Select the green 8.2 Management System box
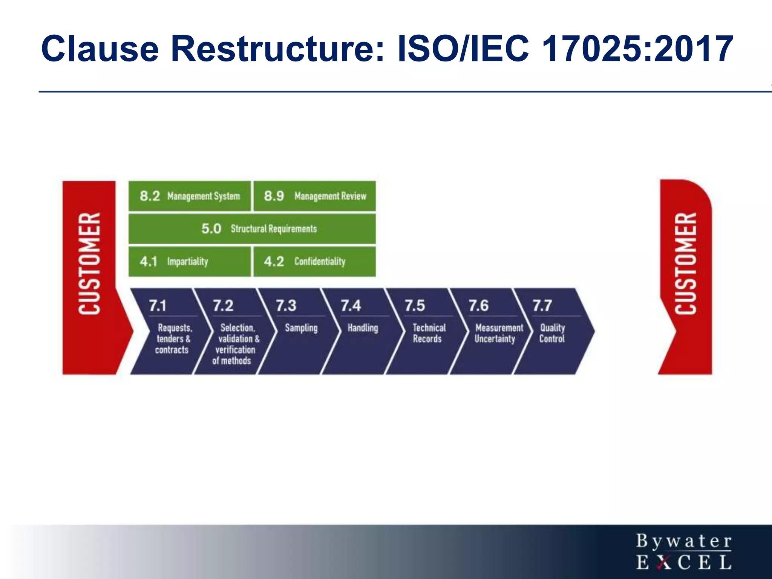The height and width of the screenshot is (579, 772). click(x=190, y=196)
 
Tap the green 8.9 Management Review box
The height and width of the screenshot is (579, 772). click(x=315, y=196)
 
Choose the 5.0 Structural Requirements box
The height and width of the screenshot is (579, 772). click(x=252, y=229)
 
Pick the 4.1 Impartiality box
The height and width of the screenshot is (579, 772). click(x=190, y=262)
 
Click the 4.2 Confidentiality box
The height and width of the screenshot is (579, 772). click(x=315, y=262)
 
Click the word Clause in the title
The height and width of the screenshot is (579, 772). click(x=100, y=49)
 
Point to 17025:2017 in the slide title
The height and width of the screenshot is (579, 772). click(x=637, y=49)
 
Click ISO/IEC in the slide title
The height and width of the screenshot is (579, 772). click(x=464, y=49)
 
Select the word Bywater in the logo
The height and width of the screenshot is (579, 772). click(x=684, y=542)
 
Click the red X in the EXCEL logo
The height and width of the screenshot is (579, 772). click(x=663, y=562)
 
